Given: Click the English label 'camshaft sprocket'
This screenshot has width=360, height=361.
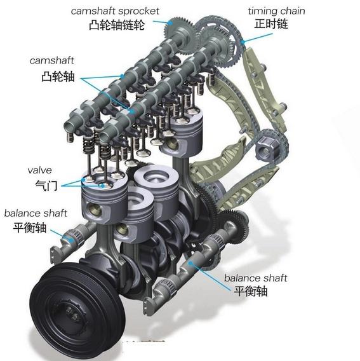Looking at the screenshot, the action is pyautogui.click(x=115, y=11).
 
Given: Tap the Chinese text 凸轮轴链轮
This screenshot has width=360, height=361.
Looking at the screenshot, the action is pyautogui.click(x=117, y=25).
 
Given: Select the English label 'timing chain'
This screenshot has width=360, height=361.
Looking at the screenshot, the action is pyautogui.click(x=276, y=11).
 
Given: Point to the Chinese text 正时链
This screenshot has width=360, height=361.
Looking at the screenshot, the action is pyautogui.click(x=271, y=24).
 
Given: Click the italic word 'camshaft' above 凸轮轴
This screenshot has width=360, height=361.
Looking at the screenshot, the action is pyautogui.click(x=52, y=60).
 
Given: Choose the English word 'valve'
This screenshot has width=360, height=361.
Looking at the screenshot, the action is pyautogui.click(x=39, y=170).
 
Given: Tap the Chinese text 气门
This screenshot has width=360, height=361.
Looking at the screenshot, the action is pyautogui.click(x=46, y=186).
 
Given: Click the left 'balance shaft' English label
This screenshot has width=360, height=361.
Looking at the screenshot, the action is pyautogui.click(x=36, y=213).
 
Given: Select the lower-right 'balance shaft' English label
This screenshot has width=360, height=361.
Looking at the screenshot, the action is pyautogui.click(x=256, y=278).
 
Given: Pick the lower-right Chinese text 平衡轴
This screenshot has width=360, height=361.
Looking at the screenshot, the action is pyautogui.click(x=251, y=291).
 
